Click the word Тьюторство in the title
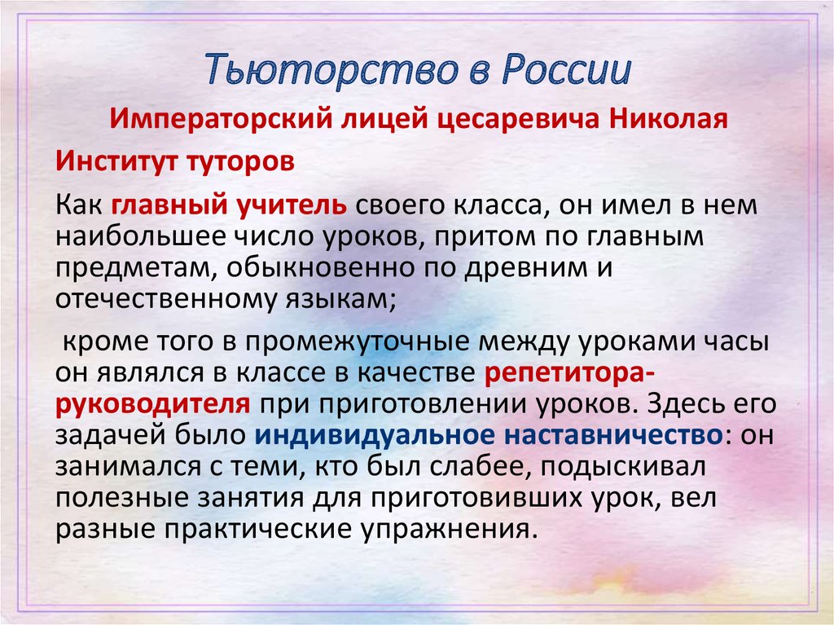coord(331,70)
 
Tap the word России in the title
coord(567,69)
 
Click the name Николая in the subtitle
coord(668,119)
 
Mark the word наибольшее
coord(141,237)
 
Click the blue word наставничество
coord(613,435)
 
